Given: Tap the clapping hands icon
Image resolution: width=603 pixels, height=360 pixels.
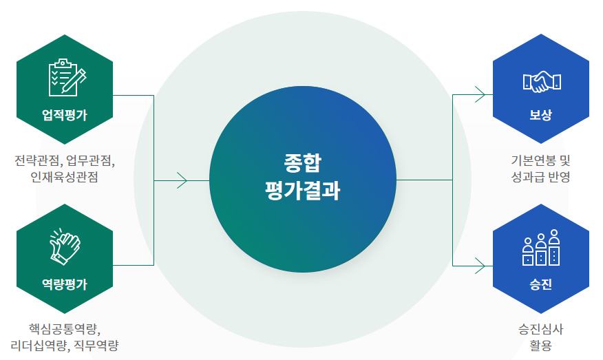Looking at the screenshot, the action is [x=65, y=246].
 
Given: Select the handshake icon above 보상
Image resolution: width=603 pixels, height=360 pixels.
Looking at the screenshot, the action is [x=542, y=82].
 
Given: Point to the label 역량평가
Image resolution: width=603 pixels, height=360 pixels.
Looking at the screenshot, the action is [x=65, y=284].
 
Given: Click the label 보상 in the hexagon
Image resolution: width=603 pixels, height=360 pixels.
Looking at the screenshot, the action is [x=541, y=115].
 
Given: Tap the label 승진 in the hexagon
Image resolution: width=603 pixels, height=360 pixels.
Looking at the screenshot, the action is [x=541, y=284].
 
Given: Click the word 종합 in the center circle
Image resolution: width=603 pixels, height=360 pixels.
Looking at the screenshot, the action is [x=302, y=164].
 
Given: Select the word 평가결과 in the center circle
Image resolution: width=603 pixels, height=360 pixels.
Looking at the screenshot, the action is [x=302, y=191].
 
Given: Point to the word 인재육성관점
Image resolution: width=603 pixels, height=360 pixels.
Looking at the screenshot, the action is [x=65, y=178].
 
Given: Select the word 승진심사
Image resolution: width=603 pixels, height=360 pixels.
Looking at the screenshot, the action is [x=541, y=328].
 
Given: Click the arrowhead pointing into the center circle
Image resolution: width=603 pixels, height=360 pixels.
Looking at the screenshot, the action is [x=182, y=180].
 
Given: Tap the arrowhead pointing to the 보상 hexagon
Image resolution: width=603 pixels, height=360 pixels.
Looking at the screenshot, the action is [x=480, y=94].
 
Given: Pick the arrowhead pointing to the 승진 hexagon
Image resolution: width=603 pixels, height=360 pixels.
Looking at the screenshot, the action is [x=480, y=265].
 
